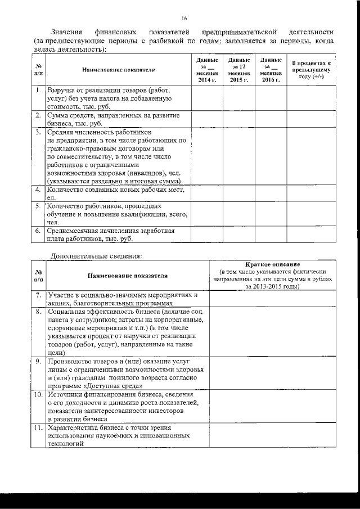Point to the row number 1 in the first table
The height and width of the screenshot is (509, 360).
point(37,90)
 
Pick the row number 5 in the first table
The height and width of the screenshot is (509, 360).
point(37,206)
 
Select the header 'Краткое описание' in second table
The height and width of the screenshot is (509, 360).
point(273,264)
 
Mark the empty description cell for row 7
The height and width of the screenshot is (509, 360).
point(273,298)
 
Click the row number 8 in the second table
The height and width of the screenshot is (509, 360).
point(38,311)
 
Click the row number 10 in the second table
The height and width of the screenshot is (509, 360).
point(38,395)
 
